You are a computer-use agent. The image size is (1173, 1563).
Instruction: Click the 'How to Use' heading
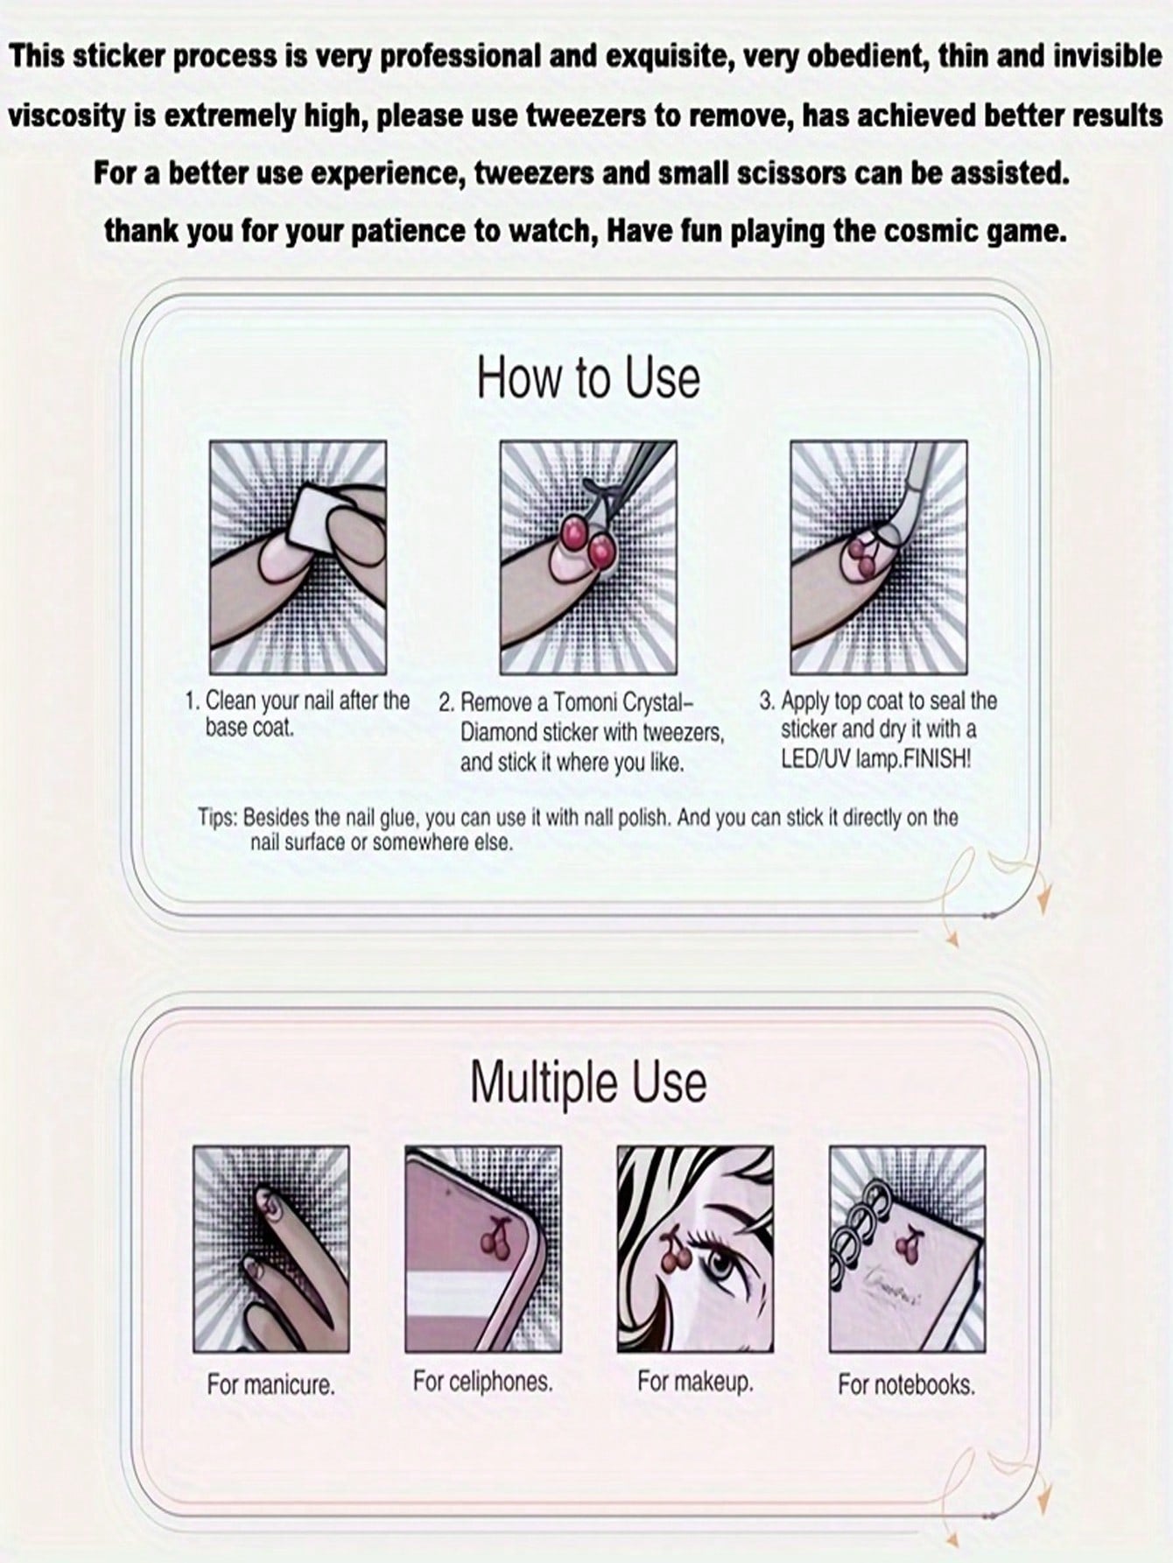point(588,377)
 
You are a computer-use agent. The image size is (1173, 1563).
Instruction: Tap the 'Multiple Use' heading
point(588,1082)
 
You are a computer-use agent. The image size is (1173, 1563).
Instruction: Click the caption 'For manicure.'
point(271,1384)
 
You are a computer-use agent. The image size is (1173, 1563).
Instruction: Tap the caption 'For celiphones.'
point(483,1382)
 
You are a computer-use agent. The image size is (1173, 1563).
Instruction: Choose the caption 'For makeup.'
point(696,1382)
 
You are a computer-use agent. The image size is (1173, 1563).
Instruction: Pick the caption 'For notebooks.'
point(907,1384)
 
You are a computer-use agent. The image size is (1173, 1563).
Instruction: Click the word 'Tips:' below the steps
point(217,818)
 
